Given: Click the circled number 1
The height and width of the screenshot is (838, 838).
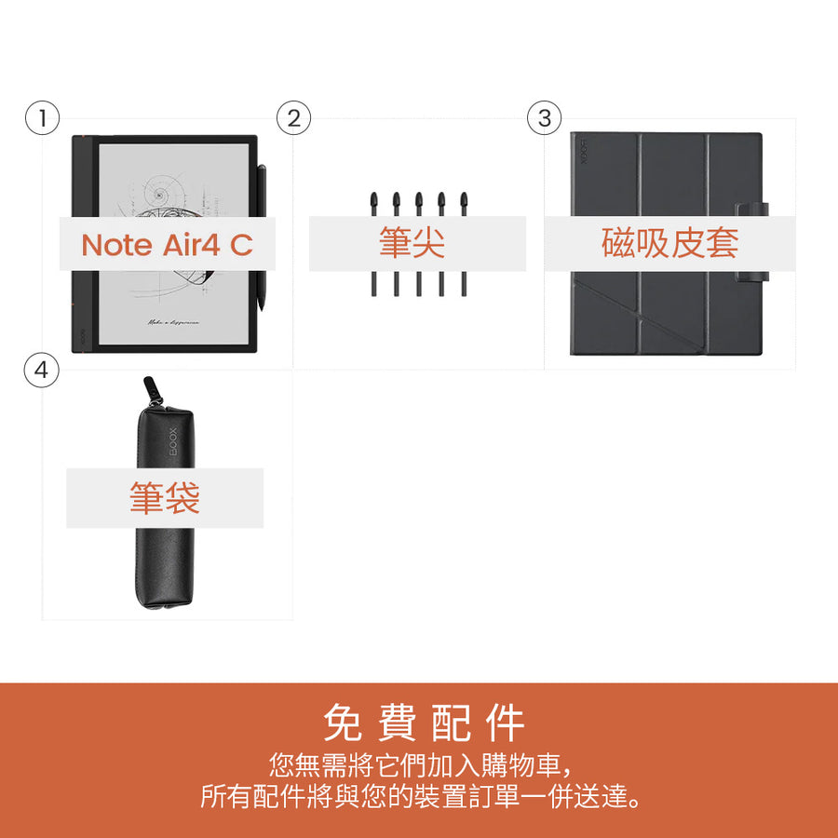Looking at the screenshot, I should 42,118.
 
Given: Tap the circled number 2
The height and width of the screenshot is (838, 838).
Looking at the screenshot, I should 293,118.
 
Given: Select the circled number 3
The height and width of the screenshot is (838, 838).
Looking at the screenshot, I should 545,118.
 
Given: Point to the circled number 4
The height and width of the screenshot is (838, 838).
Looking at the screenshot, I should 42,370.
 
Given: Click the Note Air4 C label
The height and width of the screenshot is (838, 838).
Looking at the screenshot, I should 167,245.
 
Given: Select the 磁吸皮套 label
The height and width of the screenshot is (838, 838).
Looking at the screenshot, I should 669,244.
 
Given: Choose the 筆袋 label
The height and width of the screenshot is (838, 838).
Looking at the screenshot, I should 165,498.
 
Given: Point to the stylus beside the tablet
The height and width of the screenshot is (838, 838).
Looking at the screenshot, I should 262,196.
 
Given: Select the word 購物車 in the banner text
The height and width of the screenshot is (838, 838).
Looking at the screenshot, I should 515,766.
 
